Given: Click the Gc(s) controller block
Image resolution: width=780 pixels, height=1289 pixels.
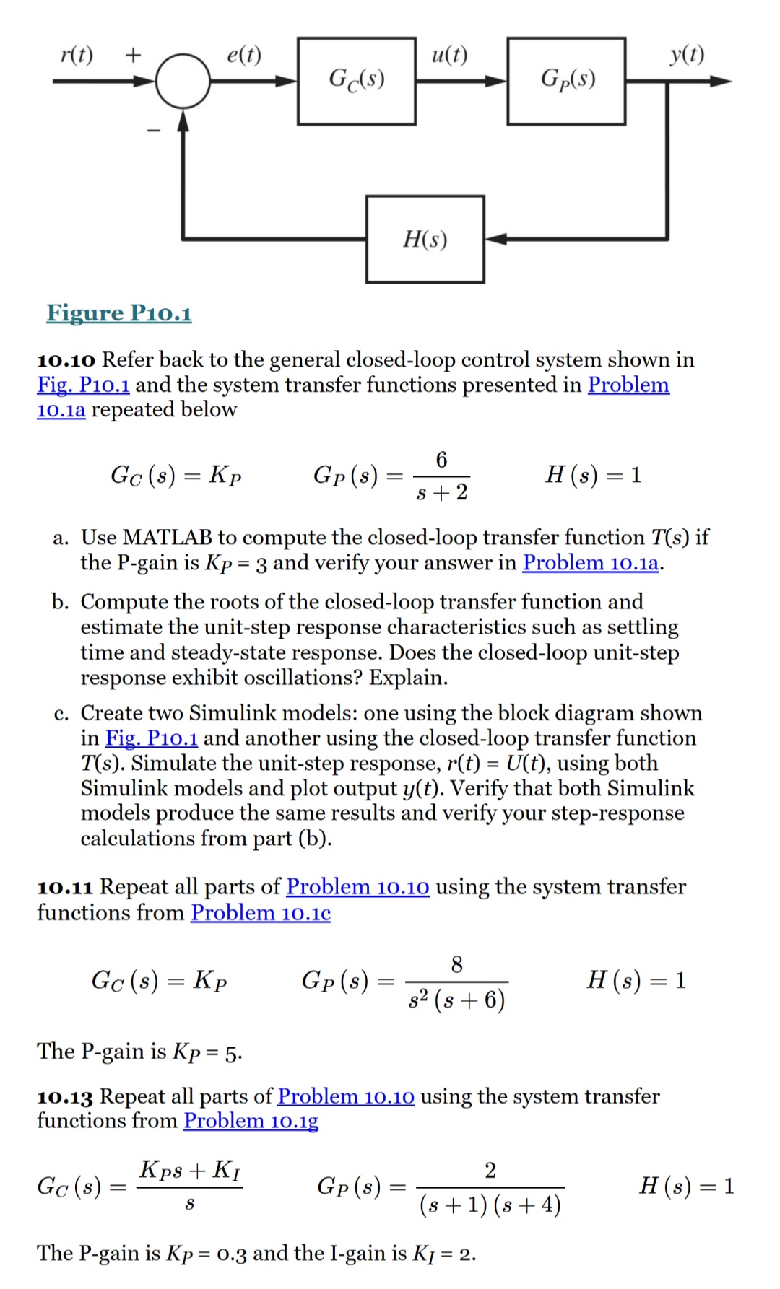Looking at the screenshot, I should pos(356,80).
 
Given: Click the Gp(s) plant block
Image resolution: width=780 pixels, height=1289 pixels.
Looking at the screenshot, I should pos(566,80).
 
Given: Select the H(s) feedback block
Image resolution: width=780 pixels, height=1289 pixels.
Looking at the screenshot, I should pos(425,239).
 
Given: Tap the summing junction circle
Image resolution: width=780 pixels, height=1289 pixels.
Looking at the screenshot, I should pos(183,81).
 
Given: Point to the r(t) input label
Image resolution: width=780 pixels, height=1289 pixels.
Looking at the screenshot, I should pos(77,54).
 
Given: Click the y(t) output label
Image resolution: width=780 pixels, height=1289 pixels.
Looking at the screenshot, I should pos(686,54).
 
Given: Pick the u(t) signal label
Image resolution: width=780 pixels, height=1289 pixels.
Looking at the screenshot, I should pos(449,54).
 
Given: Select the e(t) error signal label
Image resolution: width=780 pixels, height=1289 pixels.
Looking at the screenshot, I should pos(244,54).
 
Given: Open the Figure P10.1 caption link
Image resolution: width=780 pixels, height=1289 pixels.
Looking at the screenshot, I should pos(119,313).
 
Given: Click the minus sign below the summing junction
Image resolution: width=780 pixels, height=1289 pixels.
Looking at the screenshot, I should pos(152,131).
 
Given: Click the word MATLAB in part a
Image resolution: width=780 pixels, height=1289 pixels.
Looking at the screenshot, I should pos(168,537).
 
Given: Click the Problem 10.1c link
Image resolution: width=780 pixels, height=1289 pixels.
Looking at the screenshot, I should pos(260,913).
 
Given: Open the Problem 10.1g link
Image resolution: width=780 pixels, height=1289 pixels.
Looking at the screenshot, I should pos(251,1121).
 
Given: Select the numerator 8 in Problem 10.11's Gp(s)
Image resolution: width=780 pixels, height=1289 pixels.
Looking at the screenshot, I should pos(456,964).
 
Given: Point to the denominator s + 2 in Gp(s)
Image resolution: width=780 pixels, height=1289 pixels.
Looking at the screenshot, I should pos(442,492).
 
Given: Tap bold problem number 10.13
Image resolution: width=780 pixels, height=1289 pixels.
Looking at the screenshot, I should pos(65,1097).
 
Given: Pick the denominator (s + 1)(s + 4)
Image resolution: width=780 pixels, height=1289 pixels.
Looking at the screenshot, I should pos(490,1205).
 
